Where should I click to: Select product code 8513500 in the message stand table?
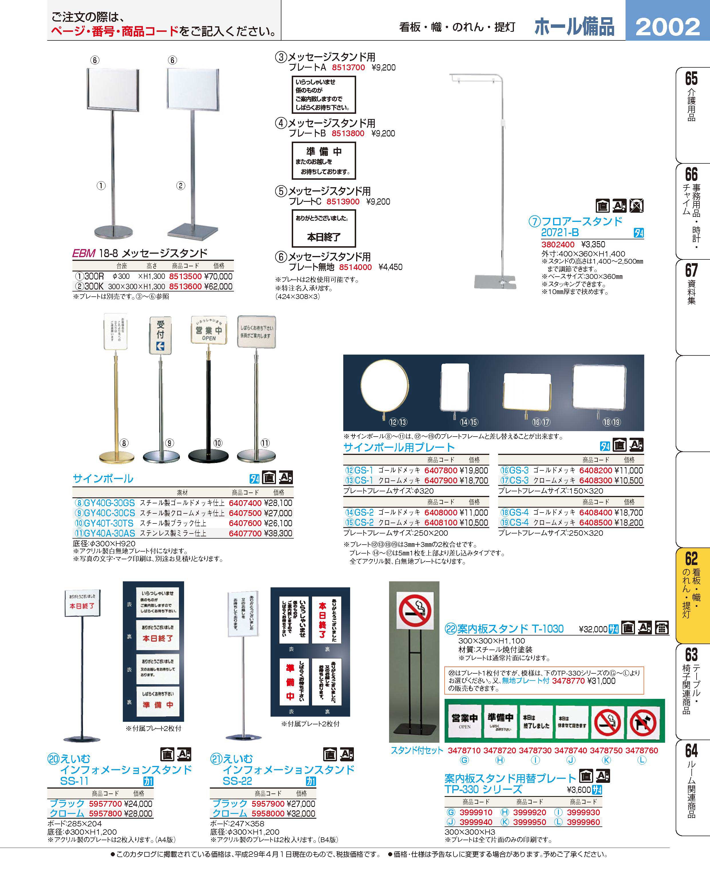click(x=185, y=276)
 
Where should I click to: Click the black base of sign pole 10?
click(x=208, y=455)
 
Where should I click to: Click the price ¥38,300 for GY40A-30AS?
click(x=278, y=533)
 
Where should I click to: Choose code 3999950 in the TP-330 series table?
click(x=530, y=822)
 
